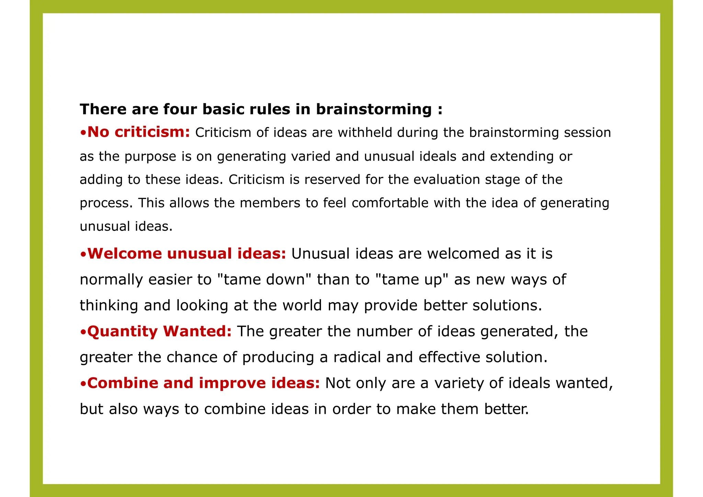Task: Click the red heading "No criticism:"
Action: pyautogui.click(x=138, y=132)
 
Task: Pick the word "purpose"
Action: pyautogui.click(x=150, y=157)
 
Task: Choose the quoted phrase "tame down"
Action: pyautogui.click(x=264, y=280)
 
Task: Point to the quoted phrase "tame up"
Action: pyautogui.click(x=410, y=280)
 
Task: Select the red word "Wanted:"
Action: pyautogui.click(x=197, y=331)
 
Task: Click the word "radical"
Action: pyautogui.click(x=357, y=357)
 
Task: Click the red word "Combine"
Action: pyautogui.click(x=123, y=383)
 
